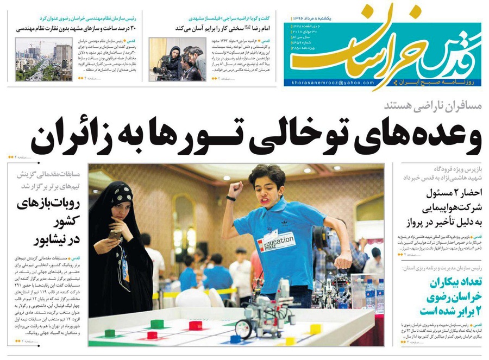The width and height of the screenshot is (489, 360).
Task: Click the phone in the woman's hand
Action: pos(115,235)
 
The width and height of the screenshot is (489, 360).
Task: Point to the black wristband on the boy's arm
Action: pos(231,199)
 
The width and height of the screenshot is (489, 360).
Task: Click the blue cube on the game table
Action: pos(235,339)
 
